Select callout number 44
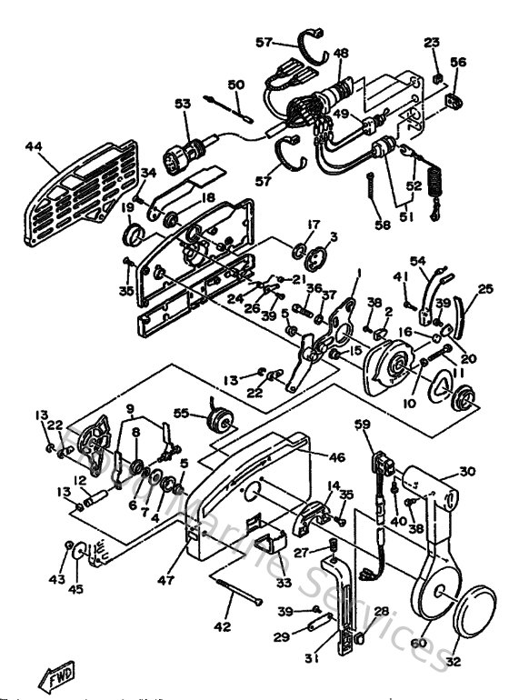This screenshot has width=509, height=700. (x=34, y=145)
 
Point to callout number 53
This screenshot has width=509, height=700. (x=184, y=105)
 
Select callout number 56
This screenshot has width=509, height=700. (x=458, y=62)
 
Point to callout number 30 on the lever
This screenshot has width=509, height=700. (x=467, y=471)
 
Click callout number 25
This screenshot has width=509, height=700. (x=485, y=289)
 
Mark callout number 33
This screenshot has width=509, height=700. (x=284, y=583)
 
